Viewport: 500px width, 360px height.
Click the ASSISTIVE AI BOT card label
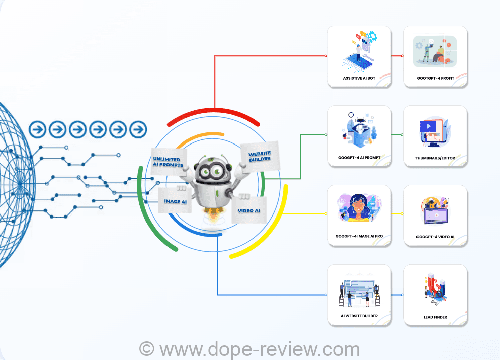pos(359,79)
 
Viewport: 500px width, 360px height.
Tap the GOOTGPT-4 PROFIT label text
pos(436,79)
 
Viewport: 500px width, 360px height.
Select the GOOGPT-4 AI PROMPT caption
pos(359,158)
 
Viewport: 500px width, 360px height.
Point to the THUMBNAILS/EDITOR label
pos(436,158)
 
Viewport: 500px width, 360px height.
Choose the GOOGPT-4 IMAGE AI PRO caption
pos(359,236)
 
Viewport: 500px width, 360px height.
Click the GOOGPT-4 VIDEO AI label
pos(436,237)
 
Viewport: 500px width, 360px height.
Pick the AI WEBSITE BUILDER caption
pos(359,316)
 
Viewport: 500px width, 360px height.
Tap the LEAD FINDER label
pos(436,317)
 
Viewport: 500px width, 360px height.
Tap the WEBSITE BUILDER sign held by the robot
pos(259,156)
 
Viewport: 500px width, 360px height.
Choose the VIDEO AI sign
pos(248,210)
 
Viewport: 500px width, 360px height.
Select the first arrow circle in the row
pos(38,129)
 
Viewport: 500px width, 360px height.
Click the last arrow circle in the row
pos(138,129)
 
